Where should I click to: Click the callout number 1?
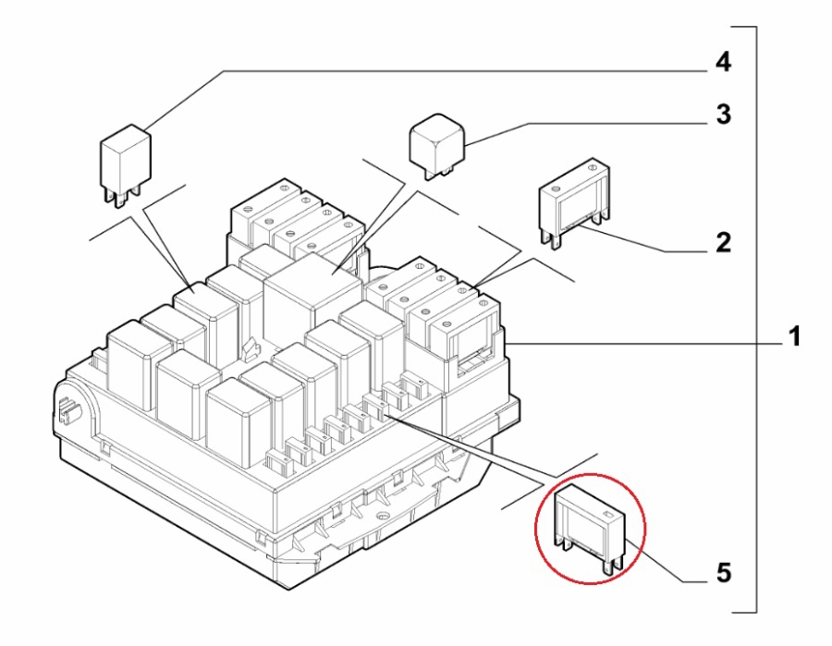click(x=792, y=337)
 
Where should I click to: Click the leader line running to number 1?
click(x=647, y=341)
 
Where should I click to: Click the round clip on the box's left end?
click(x=67, y=407)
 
